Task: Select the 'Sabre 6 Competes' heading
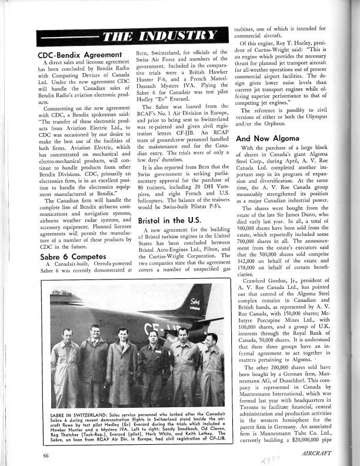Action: coord(64,257)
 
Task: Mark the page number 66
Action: coord(45,454)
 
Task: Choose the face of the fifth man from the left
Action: coord(183,335)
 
